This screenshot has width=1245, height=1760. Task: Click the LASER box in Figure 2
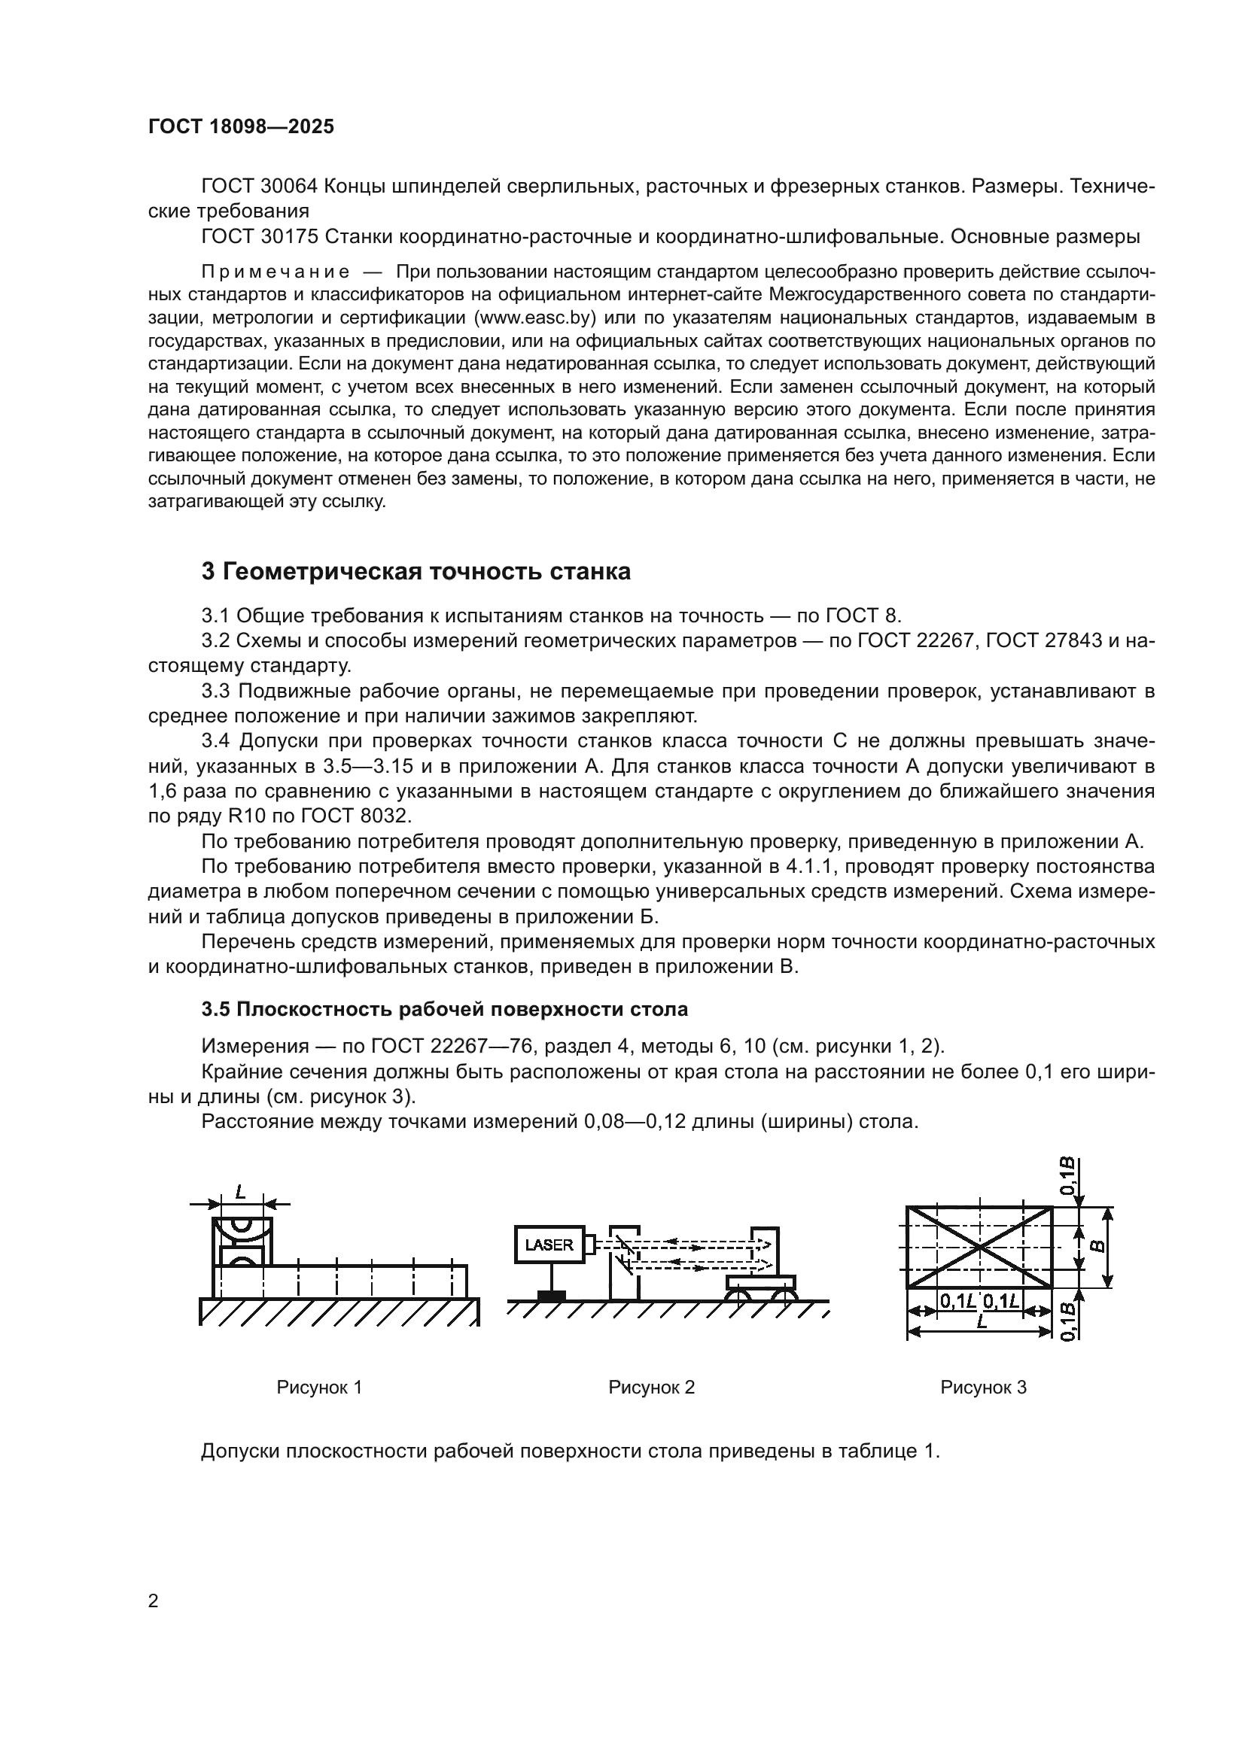coord(549,1245)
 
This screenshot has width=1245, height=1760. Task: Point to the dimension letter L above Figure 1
coord(240,1191)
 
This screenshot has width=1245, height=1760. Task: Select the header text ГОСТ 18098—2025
coord(241,127)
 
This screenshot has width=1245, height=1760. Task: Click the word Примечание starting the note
coord(275,272)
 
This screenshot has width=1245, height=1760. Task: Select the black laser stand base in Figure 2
coord(551,1296)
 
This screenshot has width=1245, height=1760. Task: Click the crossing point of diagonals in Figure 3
coord(980,1247)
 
